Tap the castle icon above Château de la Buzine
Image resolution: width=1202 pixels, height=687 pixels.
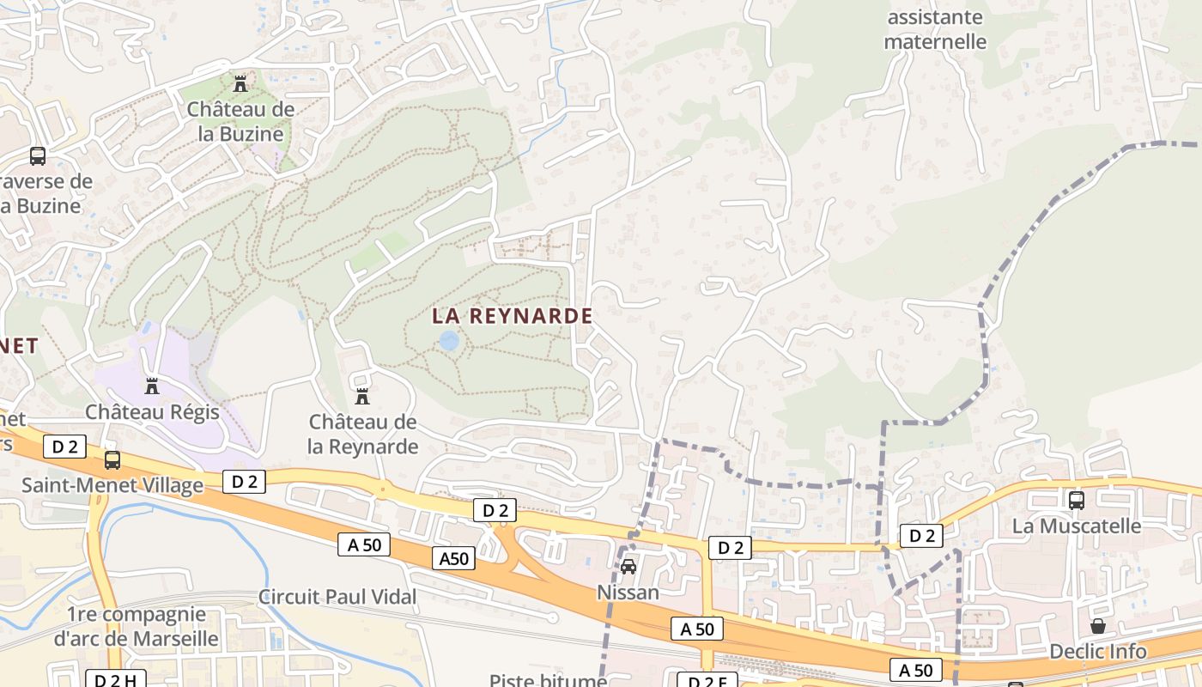click(240, 84)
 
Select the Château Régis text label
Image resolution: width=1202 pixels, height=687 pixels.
click(153, 412)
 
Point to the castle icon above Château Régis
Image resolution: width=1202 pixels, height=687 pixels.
click(153, 386)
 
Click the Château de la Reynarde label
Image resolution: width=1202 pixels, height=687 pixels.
click(363, 435)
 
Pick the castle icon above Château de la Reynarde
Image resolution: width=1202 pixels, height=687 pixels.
click(362, 397)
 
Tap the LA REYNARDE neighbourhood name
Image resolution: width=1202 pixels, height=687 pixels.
click(513, 316)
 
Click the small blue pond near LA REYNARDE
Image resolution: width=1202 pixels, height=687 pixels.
click(448, 341)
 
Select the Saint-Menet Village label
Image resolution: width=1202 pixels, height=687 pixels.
click(112, 485)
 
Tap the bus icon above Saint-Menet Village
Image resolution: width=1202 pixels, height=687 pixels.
click(112, 460)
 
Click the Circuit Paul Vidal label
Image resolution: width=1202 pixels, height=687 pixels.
click(337, 597)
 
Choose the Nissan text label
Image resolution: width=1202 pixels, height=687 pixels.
click(628, 593)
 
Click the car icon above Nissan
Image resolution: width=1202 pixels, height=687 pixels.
click(628, 567)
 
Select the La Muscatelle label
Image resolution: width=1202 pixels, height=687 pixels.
click(1077, 526)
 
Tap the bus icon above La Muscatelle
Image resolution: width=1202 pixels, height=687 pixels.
click(1077, 500)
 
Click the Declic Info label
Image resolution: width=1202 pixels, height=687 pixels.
click(1098, 652)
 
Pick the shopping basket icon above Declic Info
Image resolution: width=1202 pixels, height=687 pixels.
click(1098, 626)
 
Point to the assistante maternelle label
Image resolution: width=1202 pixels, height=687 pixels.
click(935, 29)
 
